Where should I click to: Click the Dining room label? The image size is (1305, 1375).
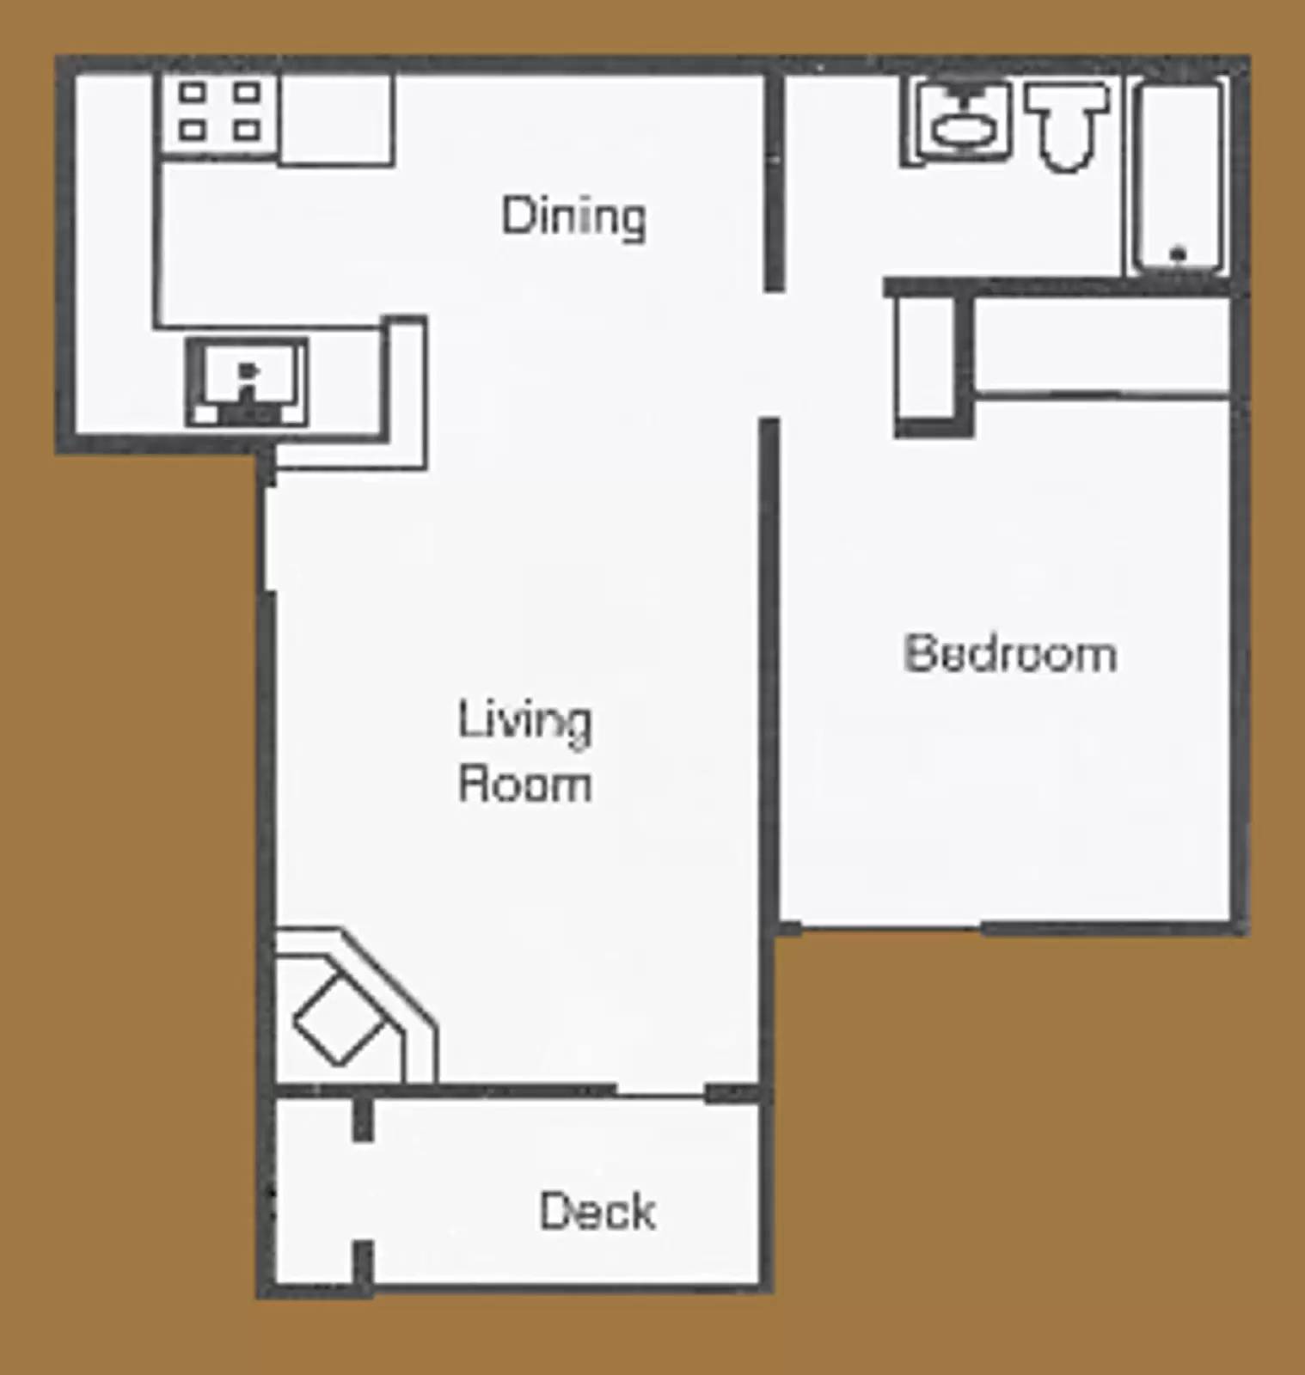[573, 217]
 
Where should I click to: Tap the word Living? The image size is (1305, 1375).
[524, 722]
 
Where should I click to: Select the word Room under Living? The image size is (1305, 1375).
[524, 785]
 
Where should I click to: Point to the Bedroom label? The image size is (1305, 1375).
[1010, 653]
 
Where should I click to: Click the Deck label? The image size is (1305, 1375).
[597, 1211]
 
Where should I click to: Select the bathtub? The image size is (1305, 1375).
[1179, 176]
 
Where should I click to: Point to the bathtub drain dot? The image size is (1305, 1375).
[1179, 254]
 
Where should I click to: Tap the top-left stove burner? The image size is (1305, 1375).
[193, 92]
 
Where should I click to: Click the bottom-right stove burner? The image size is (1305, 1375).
[248, 131]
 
